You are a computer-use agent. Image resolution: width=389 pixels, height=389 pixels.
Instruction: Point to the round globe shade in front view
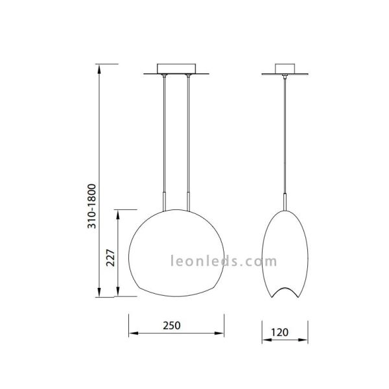[x=176, y=253]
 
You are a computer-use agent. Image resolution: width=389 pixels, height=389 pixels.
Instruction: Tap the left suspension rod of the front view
[x=164, y=136]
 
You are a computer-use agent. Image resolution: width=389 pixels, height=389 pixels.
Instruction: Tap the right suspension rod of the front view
[x=188, y=136]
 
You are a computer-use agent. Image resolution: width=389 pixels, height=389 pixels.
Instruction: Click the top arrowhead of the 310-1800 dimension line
[x=99, y=67]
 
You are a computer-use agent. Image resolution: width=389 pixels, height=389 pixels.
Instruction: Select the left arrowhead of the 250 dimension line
[x=132, y=335]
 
